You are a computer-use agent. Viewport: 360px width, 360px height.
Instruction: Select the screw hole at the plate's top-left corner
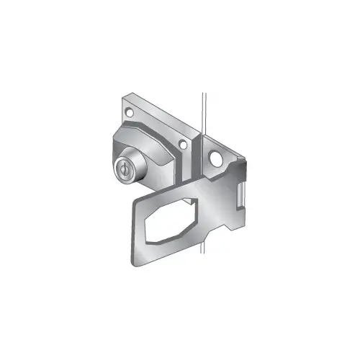click(130, 112)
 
